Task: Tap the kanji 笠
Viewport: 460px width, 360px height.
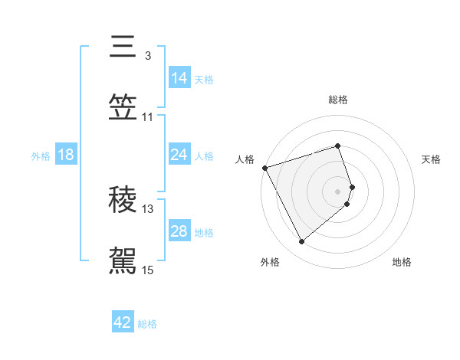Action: [123, 108]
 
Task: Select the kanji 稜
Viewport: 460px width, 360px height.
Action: [123, 200]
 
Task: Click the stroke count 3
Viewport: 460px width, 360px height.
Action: [148, 55]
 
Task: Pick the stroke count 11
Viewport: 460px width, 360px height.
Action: [148, 116]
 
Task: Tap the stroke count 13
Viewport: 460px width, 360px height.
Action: [148, 208]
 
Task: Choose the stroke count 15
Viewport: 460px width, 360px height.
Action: [148, 270]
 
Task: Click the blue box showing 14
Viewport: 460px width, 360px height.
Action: [179, 78]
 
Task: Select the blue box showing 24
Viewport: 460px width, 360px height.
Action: [179, 155]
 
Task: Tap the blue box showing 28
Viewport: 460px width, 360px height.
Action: [179, 231]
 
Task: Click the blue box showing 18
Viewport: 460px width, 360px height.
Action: [66, 155]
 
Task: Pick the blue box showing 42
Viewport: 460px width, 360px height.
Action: [123, 322]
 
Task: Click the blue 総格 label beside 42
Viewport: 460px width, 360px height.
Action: [147, 324]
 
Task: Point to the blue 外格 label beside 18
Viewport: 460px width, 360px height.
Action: [41, 156]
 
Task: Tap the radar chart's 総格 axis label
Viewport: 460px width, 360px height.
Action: [337, 100]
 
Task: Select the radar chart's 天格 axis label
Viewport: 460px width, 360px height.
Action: [431, 159]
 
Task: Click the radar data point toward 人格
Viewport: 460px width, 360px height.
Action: [264, 168]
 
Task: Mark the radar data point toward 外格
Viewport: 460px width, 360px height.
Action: [301, 242]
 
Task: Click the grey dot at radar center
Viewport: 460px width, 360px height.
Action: [338, 191]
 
